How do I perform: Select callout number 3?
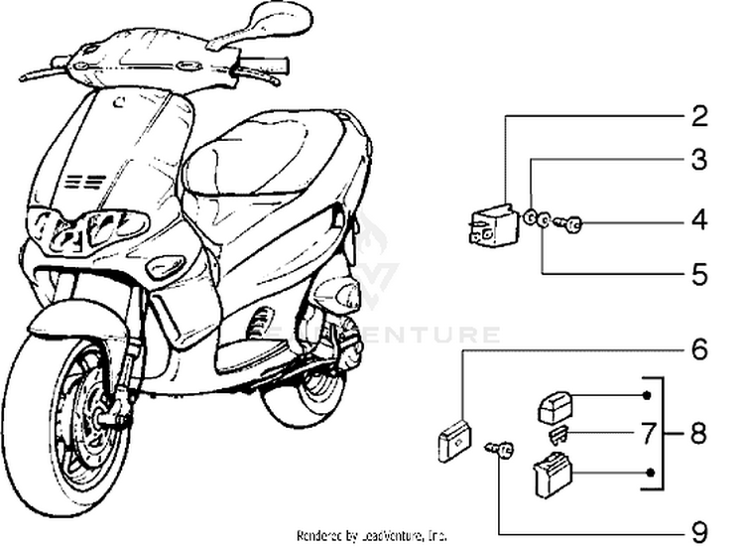699,159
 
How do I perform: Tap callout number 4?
699,219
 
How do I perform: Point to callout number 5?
699,270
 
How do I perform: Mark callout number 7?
647,433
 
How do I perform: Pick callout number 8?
698,434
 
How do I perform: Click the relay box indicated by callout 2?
491,225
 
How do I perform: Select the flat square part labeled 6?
455,440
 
